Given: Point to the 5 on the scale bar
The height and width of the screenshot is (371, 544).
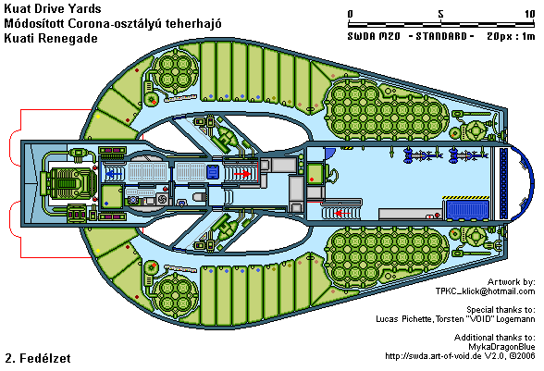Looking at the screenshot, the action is coord(440,14).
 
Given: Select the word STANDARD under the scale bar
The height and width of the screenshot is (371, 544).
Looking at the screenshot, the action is coord(441,36).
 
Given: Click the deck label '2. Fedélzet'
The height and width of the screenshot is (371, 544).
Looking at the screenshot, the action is coord(38,358).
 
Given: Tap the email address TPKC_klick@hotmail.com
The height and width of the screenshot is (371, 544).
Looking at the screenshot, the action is coord(485,291).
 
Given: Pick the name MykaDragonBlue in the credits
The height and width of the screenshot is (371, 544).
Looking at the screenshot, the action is coord(501,346).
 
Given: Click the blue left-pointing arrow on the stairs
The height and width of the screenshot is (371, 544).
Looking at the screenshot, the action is coord(113,173).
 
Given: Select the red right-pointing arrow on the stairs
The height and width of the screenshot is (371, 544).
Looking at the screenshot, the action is coord(242,173).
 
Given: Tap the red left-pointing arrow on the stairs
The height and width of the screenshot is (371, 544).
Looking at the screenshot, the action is coord(342,213).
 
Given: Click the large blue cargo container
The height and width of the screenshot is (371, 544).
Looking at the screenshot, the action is coord(467,210).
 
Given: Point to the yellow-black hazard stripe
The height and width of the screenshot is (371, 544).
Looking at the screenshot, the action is coord(465,197).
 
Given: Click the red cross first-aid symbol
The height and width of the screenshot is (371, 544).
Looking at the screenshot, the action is coord(430,216).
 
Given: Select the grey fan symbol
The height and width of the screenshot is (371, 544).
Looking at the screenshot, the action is coord(162,199).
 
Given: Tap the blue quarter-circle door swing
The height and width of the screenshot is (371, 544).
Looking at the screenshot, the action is coord(329,153).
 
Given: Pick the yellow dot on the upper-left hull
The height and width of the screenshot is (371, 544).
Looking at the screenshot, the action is coord(98,117).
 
